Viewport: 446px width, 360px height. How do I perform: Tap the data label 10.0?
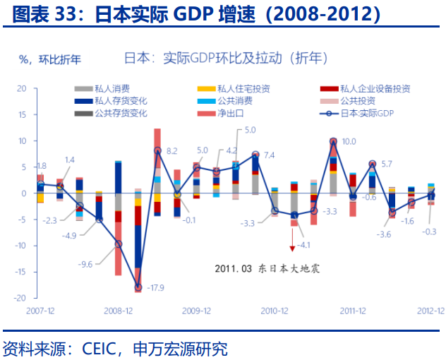tap(349, 141)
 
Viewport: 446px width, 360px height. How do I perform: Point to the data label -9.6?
tap(86, 264)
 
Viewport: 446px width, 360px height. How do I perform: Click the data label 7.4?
tap(269, 155)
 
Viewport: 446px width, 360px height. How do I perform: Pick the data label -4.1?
tap(304, 245)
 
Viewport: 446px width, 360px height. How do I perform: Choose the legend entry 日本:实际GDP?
tap(366, 113)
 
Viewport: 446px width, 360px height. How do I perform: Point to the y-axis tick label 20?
tap(21, 89)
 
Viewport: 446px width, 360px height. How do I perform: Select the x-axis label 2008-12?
tap(119, 311)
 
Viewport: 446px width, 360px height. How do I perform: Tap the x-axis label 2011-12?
tap(351, 311)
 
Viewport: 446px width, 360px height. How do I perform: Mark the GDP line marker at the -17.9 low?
tap(138, 287)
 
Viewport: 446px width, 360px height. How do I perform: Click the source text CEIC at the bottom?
tap(104, 348)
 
